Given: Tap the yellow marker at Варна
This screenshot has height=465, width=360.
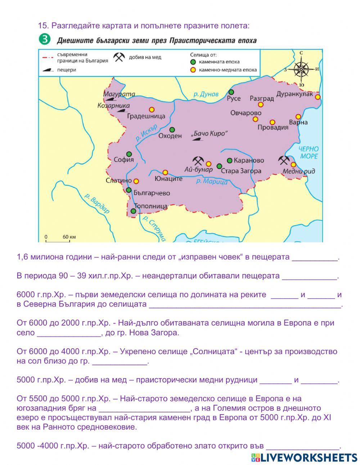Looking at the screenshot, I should [298, 117].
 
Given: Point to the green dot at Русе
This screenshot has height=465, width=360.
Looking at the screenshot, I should [231, 92].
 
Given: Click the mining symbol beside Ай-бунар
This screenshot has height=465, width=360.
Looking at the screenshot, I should [198, 160].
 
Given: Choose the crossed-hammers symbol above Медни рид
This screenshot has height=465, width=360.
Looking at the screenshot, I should [284, 160].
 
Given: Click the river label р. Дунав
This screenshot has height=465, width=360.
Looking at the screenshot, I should [206, 94].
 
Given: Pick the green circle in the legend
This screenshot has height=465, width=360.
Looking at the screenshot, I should [193, 62].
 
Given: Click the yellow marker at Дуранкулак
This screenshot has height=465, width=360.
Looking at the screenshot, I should [318, 97].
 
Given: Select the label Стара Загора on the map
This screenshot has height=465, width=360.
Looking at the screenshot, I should [241, 171].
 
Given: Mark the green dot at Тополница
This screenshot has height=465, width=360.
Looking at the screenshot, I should [134, 211].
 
